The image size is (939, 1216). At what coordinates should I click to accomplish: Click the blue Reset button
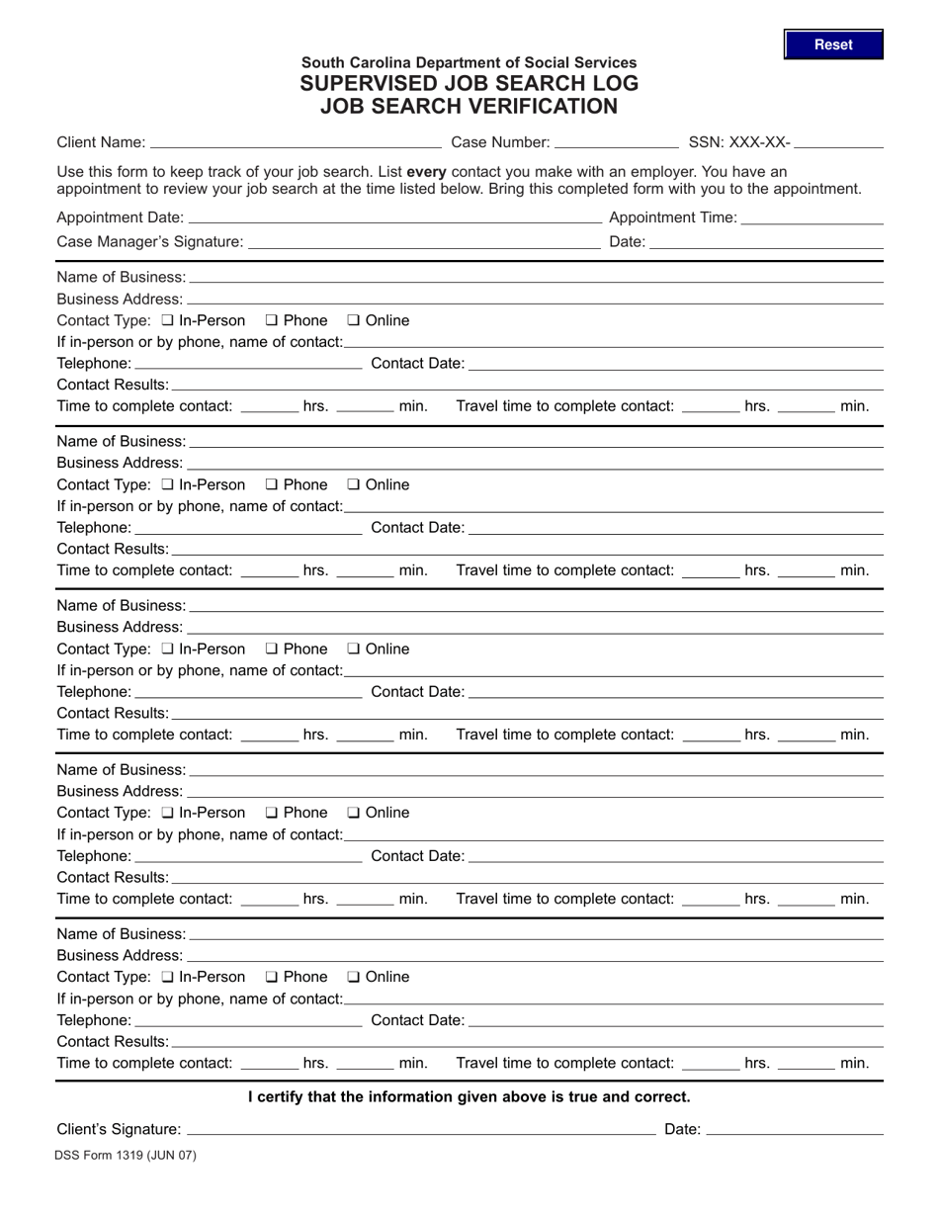click(833, 44)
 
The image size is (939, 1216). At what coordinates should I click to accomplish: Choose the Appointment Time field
click(811, 217)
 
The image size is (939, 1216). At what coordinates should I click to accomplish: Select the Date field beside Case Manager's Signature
click(766, 241)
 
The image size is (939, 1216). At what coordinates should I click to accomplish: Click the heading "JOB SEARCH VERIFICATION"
click(469, 107)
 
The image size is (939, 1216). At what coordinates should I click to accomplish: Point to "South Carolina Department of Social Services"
click(469, 62)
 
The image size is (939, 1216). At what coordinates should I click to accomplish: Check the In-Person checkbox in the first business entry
click(167, 320)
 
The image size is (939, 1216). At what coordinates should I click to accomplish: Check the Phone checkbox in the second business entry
click(272, 484)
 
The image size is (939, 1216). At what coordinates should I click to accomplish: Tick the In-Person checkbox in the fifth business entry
click(167, 977)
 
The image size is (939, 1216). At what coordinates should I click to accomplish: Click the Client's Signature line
click(420, 1129)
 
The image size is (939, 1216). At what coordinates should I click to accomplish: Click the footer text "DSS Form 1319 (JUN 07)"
click(127, 1155)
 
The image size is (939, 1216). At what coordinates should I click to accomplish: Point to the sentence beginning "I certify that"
click(469, 1096)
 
